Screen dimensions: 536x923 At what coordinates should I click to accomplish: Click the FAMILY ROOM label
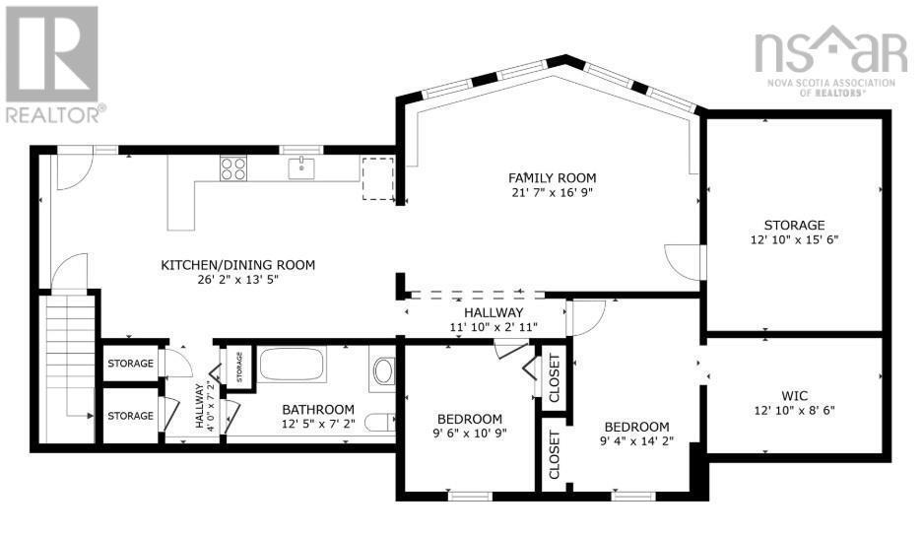[x=552, y=177]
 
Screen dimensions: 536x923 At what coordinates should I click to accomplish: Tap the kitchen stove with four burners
[x=232, y=168]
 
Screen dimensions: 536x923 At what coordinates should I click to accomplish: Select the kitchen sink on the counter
[x=301, y=168]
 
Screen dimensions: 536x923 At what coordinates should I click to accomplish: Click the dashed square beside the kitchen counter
[x=377, y=177]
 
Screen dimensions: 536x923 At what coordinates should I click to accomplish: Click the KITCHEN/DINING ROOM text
[x=238, y=264]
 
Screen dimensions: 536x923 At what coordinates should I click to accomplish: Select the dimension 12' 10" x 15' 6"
[x=794, y=238]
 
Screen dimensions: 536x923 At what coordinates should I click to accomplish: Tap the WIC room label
[x=794, y=395]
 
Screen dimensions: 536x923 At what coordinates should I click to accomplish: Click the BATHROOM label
[x=318, y=409]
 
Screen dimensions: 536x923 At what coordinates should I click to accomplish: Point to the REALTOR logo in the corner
[x=51, y=64]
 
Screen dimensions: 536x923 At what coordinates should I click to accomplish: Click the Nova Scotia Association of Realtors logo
[x=830, y=59]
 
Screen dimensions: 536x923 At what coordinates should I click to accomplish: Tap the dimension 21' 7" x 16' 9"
[x=552, y=192]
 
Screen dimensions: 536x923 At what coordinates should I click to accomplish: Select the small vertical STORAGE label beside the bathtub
[x=239, y=368]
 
